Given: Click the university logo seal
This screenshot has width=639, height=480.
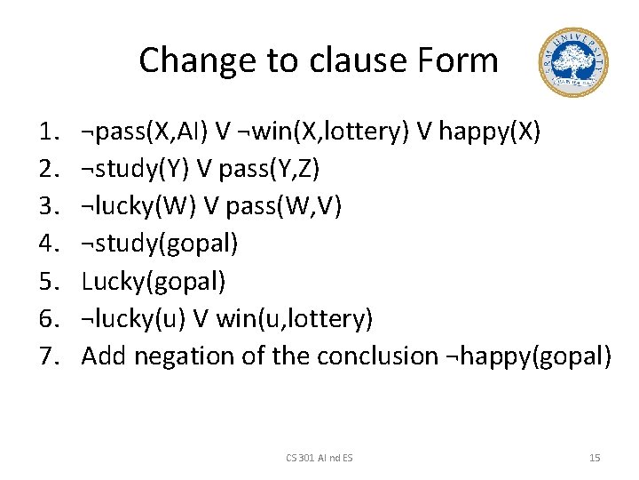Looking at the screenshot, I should [573, 62].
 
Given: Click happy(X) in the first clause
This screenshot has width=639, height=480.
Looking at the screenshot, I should [488, 132].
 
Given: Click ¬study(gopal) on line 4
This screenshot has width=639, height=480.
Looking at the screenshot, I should [160, 244].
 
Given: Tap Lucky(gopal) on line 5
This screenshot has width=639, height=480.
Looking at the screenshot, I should [154, 282].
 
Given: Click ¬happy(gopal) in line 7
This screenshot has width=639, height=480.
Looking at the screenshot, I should [526, 356].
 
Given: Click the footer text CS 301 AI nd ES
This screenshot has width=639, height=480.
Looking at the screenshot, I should [319, 457].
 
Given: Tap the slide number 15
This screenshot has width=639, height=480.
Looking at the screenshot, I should [595, 457].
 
